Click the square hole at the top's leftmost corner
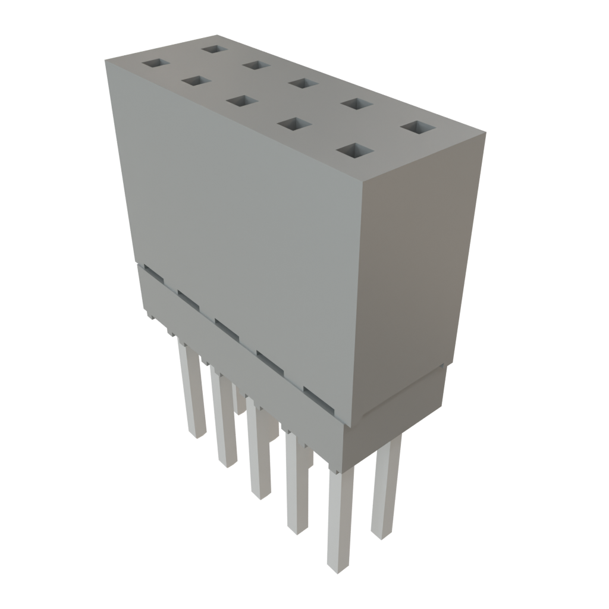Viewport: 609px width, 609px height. [x=155, y=62]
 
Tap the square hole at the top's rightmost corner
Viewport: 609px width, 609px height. [x=417, y=127]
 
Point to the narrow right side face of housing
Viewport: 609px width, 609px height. [x=416, y=268]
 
